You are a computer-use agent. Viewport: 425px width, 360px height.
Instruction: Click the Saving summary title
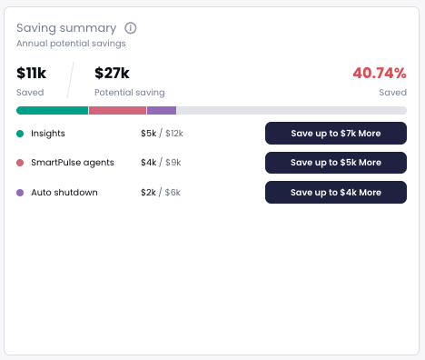click(x=66, y=27)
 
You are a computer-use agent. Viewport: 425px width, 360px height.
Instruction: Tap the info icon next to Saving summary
click(x=131, y=27)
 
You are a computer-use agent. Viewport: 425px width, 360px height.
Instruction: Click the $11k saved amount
click(x=31, y=74)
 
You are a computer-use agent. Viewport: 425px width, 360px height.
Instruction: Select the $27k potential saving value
click(x=113, y=74)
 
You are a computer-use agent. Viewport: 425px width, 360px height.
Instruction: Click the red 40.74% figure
click(x=379, y=74)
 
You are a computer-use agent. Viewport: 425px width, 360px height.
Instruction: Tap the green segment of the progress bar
click(x=52, y=110)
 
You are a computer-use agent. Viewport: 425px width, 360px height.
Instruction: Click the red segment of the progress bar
click(x=117, y=110)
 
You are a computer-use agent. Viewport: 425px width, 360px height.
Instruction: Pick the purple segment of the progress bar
click(x=162, y=110)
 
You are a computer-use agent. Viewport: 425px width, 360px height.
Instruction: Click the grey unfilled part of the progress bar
click(x=291, y=110)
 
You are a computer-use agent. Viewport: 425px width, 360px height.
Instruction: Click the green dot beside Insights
click(x=20, y=134)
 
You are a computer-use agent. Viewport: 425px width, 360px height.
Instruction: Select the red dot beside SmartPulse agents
click(x=20, y=163)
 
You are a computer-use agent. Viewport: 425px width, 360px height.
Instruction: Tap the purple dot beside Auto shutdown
click(x=20, y=193)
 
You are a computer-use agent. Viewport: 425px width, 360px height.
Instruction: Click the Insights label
click(x=48, y=134)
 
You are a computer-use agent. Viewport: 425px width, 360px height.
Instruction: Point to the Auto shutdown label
click(x=64, y=193)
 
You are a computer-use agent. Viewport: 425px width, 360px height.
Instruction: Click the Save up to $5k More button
click(x=335, y=163)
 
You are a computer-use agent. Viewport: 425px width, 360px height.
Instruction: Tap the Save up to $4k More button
click(x=335, y=193)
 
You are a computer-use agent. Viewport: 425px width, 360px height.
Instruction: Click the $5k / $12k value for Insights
click(x=162, y=134)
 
